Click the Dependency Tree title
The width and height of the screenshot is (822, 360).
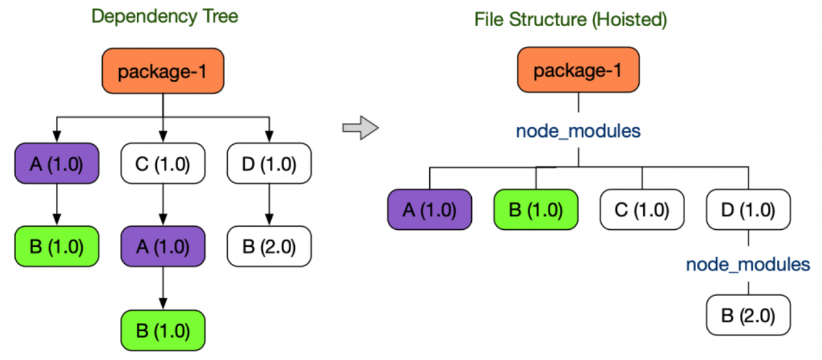point(165,16)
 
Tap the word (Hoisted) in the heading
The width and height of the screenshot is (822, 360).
point(629,19)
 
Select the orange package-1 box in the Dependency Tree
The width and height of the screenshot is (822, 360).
point(163,71)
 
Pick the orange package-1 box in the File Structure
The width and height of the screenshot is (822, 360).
point(578,70)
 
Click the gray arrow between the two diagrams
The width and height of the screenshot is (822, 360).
point(361,128)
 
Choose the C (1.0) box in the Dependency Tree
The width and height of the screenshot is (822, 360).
point(163,164)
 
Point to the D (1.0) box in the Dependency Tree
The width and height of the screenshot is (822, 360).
point(269,164)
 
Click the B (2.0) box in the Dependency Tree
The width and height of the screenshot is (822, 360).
point(269,246)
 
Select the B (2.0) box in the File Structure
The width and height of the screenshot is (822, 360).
point(748,315)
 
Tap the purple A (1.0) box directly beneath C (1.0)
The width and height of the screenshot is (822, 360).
point(163,246)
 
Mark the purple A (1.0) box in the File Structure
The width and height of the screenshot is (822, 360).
point(430,210)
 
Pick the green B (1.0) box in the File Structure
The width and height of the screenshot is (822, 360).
point(536,210)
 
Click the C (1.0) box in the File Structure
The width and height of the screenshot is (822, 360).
point(642,210)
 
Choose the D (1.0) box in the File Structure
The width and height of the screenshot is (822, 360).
point(748,210)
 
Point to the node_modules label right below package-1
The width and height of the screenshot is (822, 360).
point(578,131)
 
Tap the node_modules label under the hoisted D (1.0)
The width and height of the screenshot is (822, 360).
point(748,265)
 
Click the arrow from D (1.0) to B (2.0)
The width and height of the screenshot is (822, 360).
point(269,204)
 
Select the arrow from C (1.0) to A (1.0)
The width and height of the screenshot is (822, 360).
point(163,204)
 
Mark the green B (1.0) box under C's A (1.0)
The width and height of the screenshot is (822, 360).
point(163,330)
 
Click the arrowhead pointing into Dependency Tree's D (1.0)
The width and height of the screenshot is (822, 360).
point(269,136)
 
